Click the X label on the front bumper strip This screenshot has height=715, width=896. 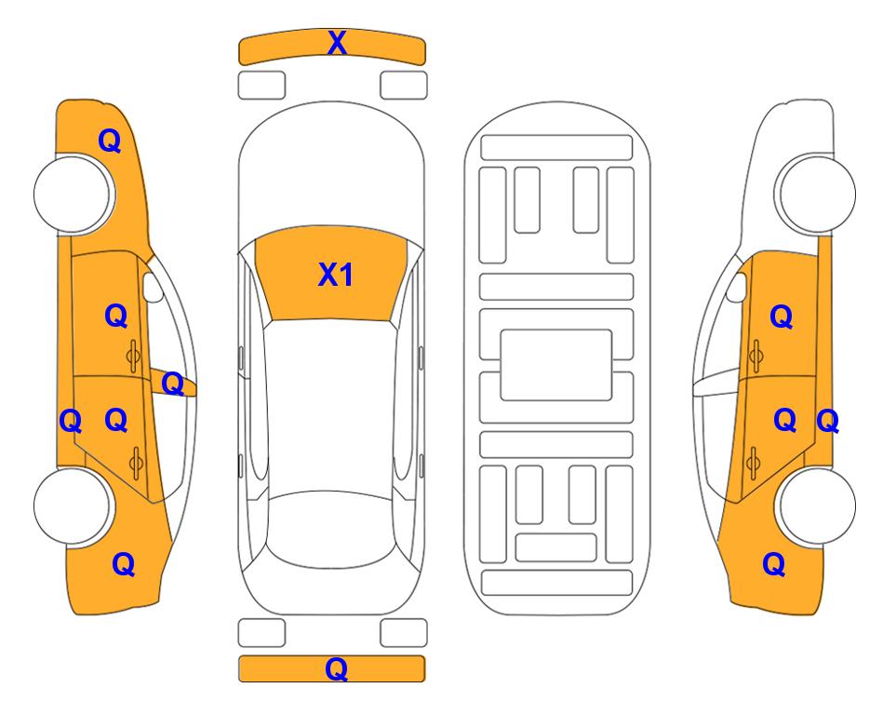(x=337, y=43)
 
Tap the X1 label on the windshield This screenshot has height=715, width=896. (x=336, y=275)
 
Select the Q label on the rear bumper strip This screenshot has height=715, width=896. (x=337, y=668)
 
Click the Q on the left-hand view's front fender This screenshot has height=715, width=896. (x=110, y=141)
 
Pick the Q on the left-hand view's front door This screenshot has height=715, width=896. (x=116, y=316)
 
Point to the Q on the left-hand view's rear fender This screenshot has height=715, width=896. (x=124, y=564)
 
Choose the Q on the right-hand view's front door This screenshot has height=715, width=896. (x=782, y=317)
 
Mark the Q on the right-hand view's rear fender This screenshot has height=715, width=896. (x=774, y=564)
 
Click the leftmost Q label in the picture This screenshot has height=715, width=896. (x=71, y=421)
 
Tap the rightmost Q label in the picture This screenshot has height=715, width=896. (x=827, y=421)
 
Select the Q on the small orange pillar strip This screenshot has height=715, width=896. (x=172, y=384)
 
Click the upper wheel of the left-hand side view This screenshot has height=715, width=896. (x=73, y=194)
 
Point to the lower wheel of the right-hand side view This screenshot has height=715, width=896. (x=817, y=506)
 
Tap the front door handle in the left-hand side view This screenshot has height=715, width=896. (x=134, y=357)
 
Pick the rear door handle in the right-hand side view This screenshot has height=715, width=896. (x=753, y=463)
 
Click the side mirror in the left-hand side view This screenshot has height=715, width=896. (x=153, y=287)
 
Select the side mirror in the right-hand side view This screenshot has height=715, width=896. (x=737, y=287)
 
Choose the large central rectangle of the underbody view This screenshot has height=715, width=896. (x=556, y=365)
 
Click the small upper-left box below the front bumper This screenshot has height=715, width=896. (x=261, y=86)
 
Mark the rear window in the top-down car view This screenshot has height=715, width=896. (x=332, y=529)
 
